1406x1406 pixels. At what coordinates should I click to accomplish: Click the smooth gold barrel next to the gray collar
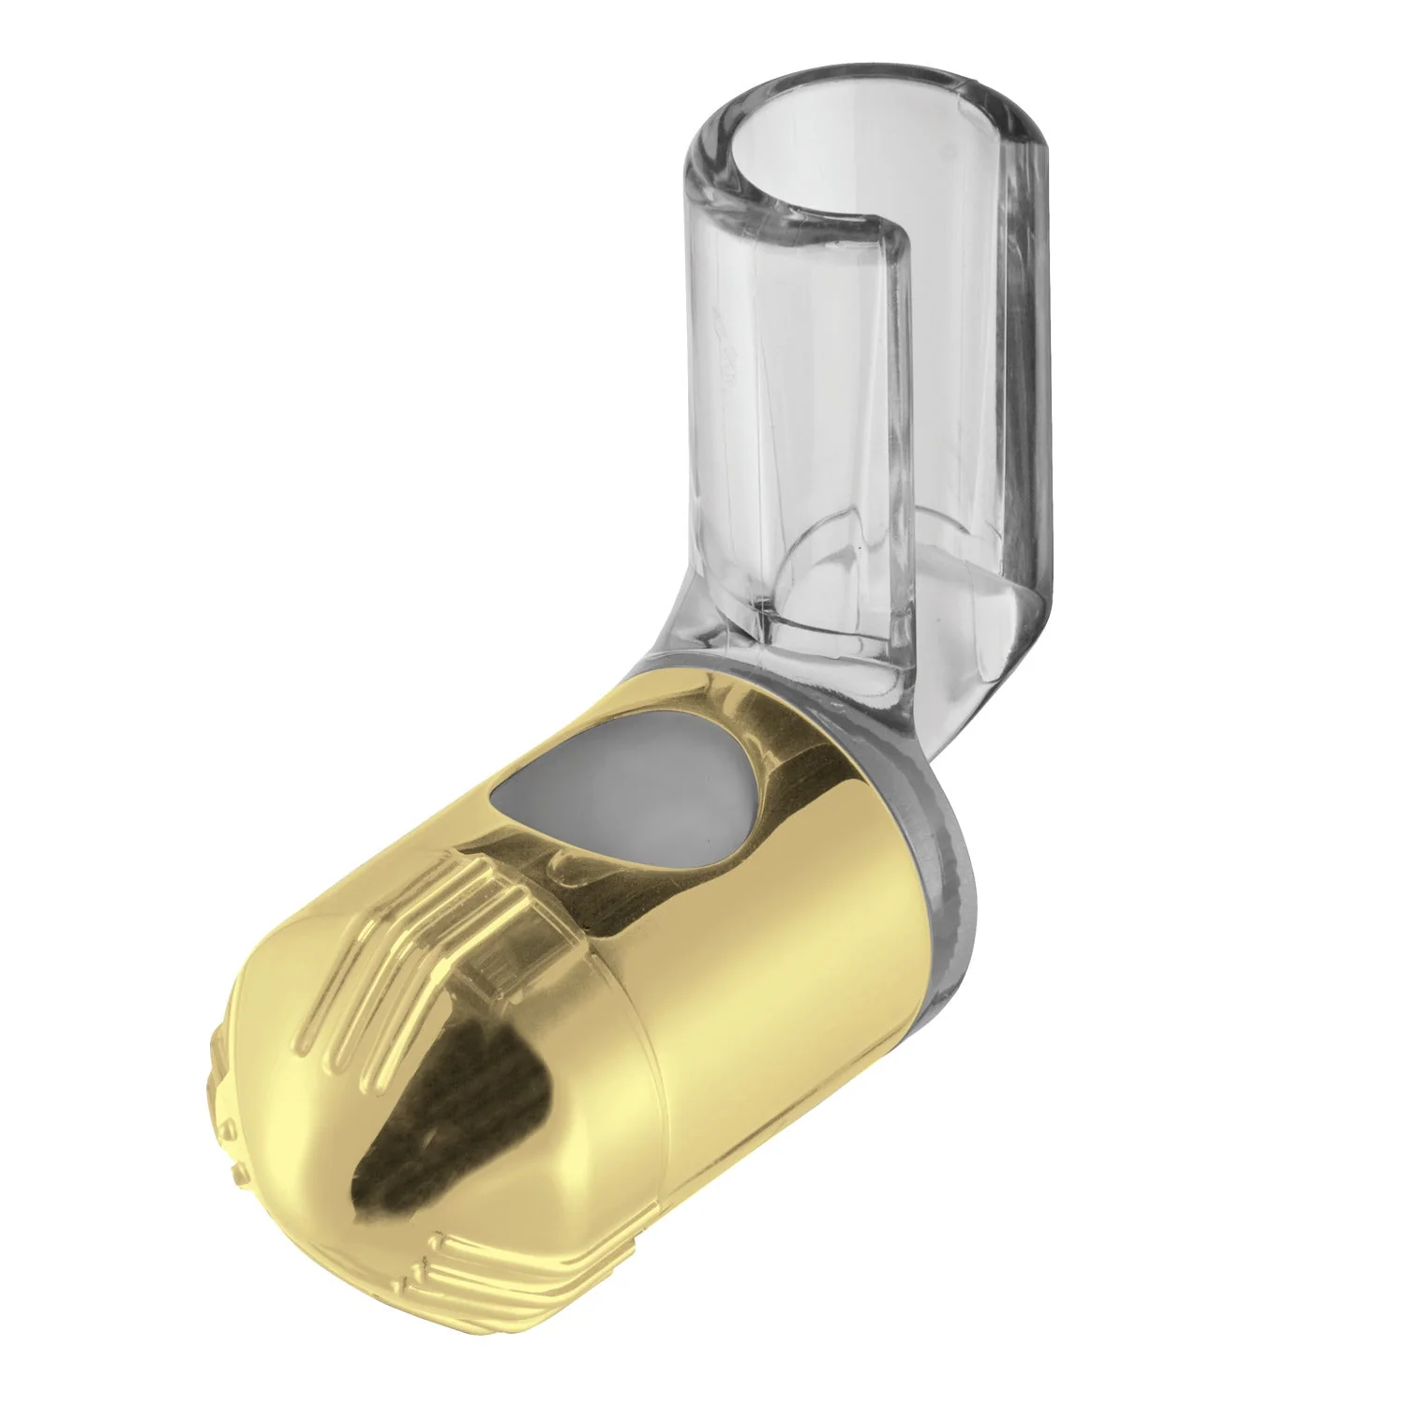(825, 937)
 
